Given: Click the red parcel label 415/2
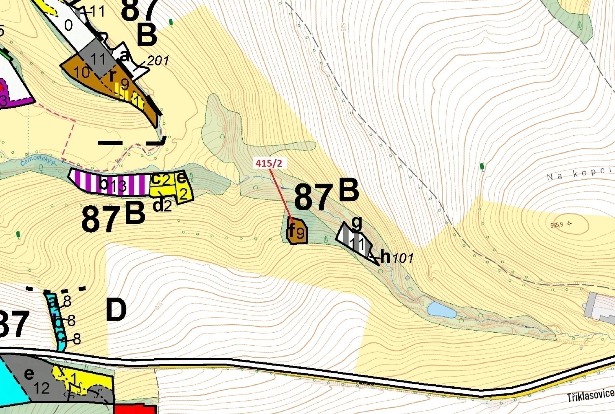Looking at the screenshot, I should [x=269, y=163].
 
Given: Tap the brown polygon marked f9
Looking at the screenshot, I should [x=297, y=231].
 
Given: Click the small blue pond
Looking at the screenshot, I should [x=441, y=310].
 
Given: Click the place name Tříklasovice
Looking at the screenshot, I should [x=590, y=396].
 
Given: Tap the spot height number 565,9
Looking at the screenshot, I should [x=557, y=225].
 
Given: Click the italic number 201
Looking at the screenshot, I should [x=158, y=61].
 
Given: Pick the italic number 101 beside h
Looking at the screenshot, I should [x=403, y=258].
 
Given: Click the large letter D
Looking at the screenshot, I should [x=116, y=310].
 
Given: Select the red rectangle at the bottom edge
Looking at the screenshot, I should [x=134, y=409].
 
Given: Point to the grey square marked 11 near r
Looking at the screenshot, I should [x=98, y=59].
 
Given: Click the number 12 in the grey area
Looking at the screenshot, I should [x=41, y=388].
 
